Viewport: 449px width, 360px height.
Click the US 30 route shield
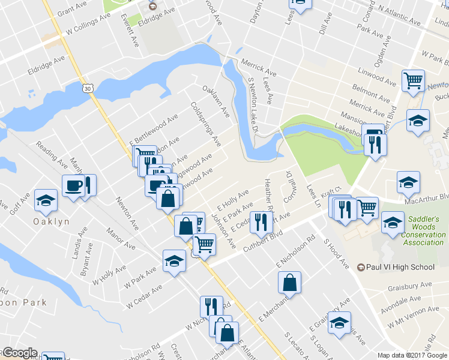click(x=88, y=88)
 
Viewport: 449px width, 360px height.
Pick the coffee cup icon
click(x=73, y=185)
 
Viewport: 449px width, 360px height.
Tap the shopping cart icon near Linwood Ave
click(x=413, y=80)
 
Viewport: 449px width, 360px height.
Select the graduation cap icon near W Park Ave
click(x=174, y=261)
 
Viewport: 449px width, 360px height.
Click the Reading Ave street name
click(x=52, y=154)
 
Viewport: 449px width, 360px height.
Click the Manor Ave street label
click(x=121, y=238)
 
